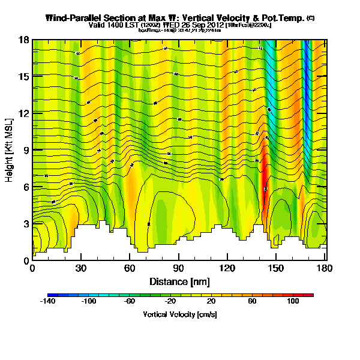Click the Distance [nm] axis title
pos(179,281)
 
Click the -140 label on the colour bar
pos(47,302)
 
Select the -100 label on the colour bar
pos(89,302)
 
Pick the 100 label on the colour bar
pos(293,302)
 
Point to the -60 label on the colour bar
pos(130,302)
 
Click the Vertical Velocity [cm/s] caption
pos(179,314)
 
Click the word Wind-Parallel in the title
pos(73,18)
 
